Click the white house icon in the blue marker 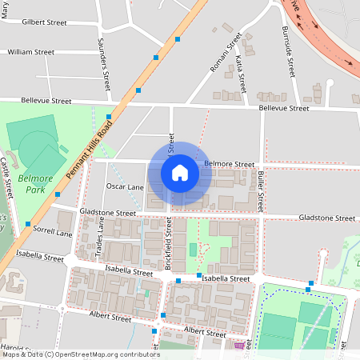tap(180, 173)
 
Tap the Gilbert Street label tap(45, 22)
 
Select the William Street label tap(30, 52)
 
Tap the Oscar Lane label tap(125, 186)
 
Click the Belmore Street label tap(229, 164)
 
